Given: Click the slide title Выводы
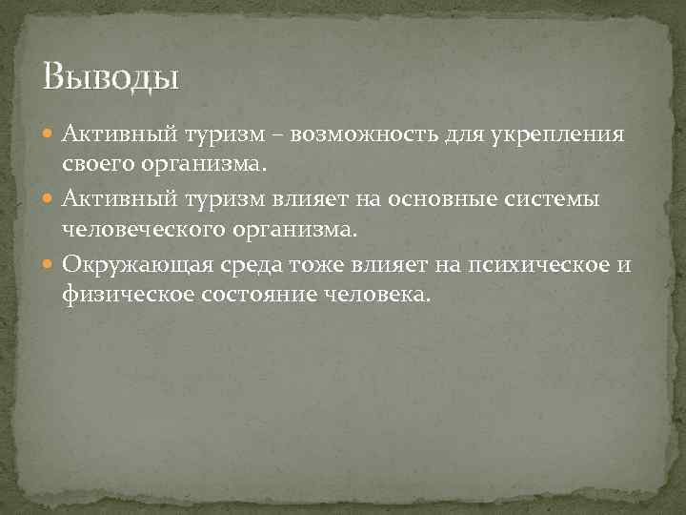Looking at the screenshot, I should (111, 75).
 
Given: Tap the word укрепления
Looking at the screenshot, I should (553, 133).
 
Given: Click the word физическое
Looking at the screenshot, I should (126, 295).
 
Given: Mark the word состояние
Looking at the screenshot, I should (254, 295).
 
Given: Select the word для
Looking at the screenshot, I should (460, 133).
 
